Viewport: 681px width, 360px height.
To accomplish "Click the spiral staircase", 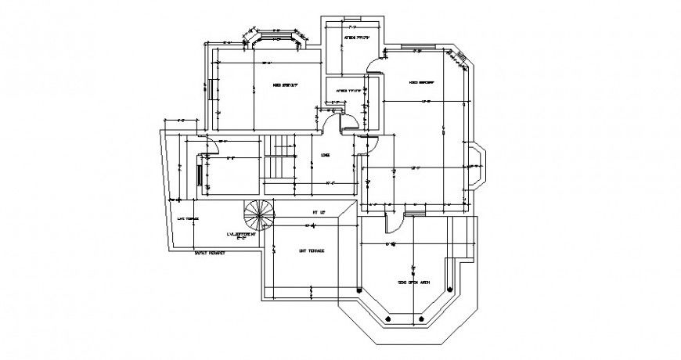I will (259, 213).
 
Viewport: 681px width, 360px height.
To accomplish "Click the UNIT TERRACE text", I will (312, 250).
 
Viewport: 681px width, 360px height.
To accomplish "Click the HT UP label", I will (318, 212).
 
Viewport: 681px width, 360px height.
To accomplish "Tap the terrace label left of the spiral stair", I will (187, 218).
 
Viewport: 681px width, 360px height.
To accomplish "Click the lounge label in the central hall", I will (325, 155).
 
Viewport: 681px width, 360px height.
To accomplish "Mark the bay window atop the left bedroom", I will (273, 37).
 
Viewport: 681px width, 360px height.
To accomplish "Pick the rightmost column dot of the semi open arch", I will (423, 319).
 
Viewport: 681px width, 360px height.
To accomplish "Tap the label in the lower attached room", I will (349, 91).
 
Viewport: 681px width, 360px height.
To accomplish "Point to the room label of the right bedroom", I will (420, 82).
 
